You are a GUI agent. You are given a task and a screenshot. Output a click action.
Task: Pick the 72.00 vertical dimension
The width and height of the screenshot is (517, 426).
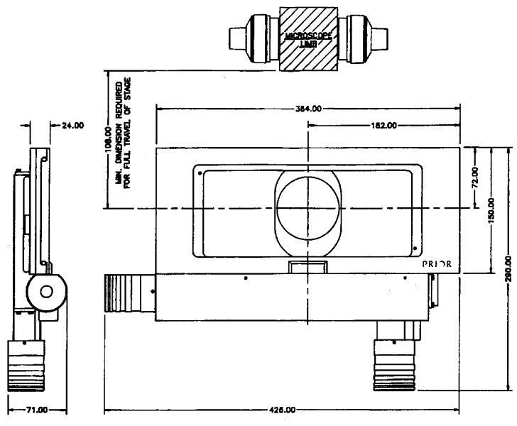[x=474, y=177]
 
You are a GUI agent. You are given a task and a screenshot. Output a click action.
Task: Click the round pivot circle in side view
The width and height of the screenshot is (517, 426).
[x=45, y=291]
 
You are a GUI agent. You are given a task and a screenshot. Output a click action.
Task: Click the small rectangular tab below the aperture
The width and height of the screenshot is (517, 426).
[x=308, y=267]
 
